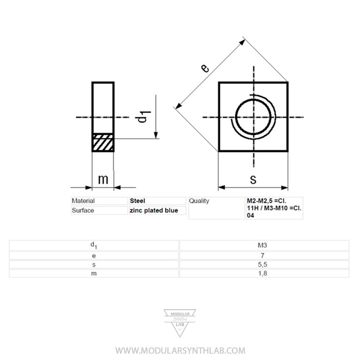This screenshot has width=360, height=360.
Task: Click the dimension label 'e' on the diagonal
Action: pyautogui.click(x=205, y=68)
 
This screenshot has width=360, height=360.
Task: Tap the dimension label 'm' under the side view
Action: pyautogui.click(x=103, y=179)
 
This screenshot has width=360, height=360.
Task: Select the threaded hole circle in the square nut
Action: pyautogui.click(x=254, y=117)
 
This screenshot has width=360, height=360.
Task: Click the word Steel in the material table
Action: pyautogui.click(x=137, y=201)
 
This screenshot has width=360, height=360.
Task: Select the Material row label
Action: pyautogui.click(x=83, y=201)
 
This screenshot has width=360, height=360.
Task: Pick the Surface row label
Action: pyautogui.click(x=83, y=210)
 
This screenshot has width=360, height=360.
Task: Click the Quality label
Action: pyautogui.click(x=199, y=201)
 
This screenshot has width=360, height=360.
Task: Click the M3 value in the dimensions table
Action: pyautogui.click(x=264, y=245)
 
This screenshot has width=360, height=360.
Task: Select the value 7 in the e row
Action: pyautogui.click(x=264, y=255)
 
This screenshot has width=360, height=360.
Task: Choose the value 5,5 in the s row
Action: pyautogui.click(x=264, y=264)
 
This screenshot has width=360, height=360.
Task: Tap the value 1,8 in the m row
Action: pyautogui.click(x=264, y=273)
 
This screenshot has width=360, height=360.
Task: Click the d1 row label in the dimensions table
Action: pyautogui.click(x=93, y=245)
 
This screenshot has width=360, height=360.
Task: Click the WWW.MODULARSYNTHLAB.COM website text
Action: pyautogui.click(x=180, y=350)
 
